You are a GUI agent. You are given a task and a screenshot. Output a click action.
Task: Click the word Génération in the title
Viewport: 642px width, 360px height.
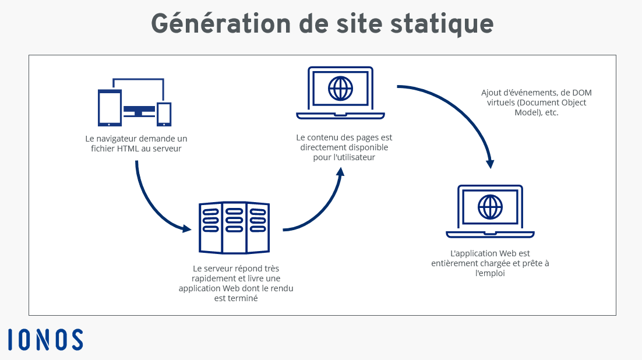(221, 24)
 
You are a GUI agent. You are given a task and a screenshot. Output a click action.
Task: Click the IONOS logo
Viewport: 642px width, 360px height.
(45, 340)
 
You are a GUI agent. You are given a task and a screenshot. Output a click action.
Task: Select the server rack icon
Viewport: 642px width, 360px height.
(234, 228)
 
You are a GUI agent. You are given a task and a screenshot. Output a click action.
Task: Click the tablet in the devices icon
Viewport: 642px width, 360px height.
(110, 108)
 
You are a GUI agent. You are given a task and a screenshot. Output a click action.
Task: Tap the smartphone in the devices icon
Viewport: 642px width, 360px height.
(164, 114)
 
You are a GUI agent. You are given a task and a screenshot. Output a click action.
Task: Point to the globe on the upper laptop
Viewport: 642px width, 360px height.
(340, 89)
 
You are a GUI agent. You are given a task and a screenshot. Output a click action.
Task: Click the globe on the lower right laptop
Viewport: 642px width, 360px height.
(490, 207)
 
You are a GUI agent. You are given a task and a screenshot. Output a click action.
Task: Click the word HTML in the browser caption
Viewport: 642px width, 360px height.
(129, 149)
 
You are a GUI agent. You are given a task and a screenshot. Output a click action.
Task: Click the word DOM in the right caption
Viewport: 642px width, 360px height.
(582, 93)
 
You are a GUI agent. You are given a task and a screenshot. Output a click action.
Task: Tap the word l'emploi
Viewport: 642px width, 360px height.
(490, 274)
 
